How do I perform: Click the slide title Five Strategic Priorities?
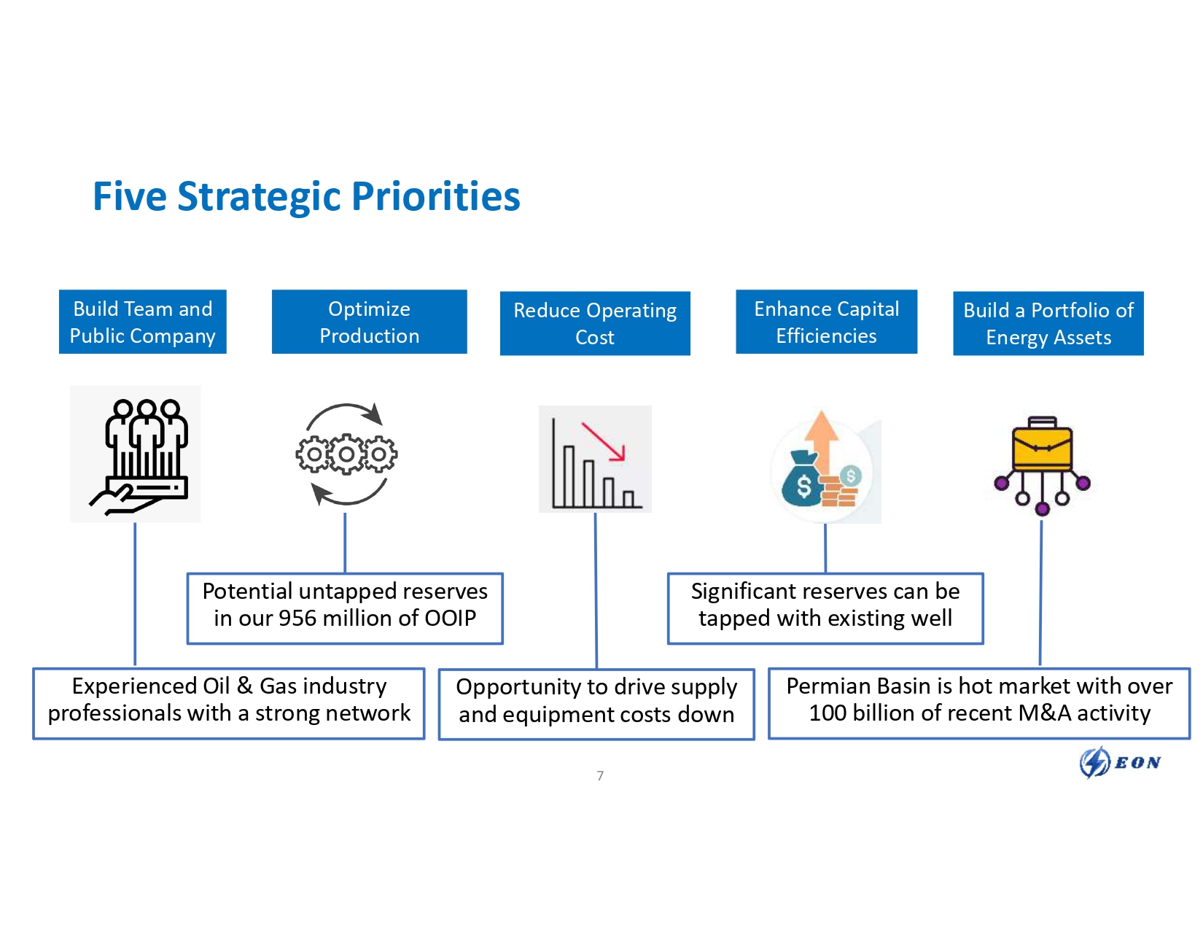[306, 197]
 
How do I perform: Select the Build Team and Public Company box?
[143, 322]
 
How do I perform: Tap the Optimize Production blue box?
[369, 322]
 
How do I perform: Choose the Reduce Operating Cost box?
[595, 323]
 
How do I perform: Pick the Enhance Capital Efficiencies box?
[826, 322]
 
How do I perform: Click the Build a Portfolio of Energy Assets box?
[1048, 323]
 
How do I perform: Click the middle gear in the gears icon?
[346, 454]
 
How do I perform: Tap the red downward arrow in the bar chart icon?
[604, 441]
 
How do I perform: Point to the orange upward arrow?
[822, 438]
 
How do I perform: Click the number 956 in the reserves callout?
[297, 619]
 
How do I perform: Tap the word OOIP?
[451, 619]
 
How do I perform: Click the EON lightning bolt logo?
[1094, 762]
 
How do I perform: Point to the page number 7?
[600, 775]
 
